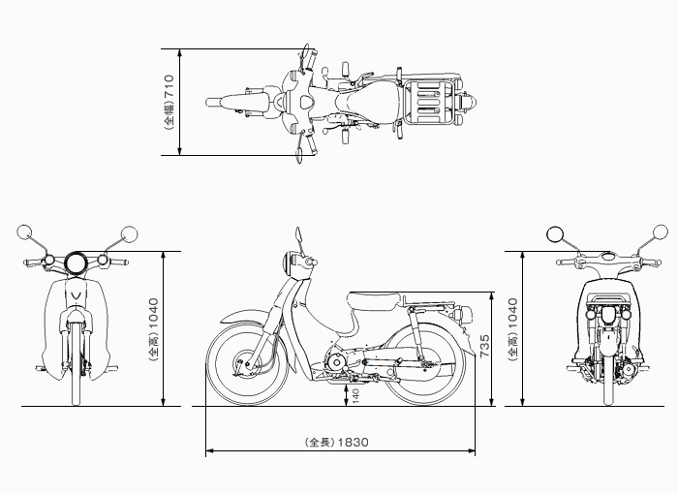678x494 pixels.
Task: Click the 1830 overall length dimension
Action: point(353,442)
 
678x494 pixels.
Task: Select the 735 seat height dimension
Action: point(484,345)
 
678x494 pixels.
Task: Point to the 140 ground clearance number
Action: point(355,396)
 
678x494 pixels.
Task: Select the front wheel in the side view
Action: point(248,364)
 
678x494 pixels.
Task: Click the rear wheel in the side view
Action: point(425,364)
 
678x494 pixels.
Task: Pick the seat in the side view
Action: point(374,301)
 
